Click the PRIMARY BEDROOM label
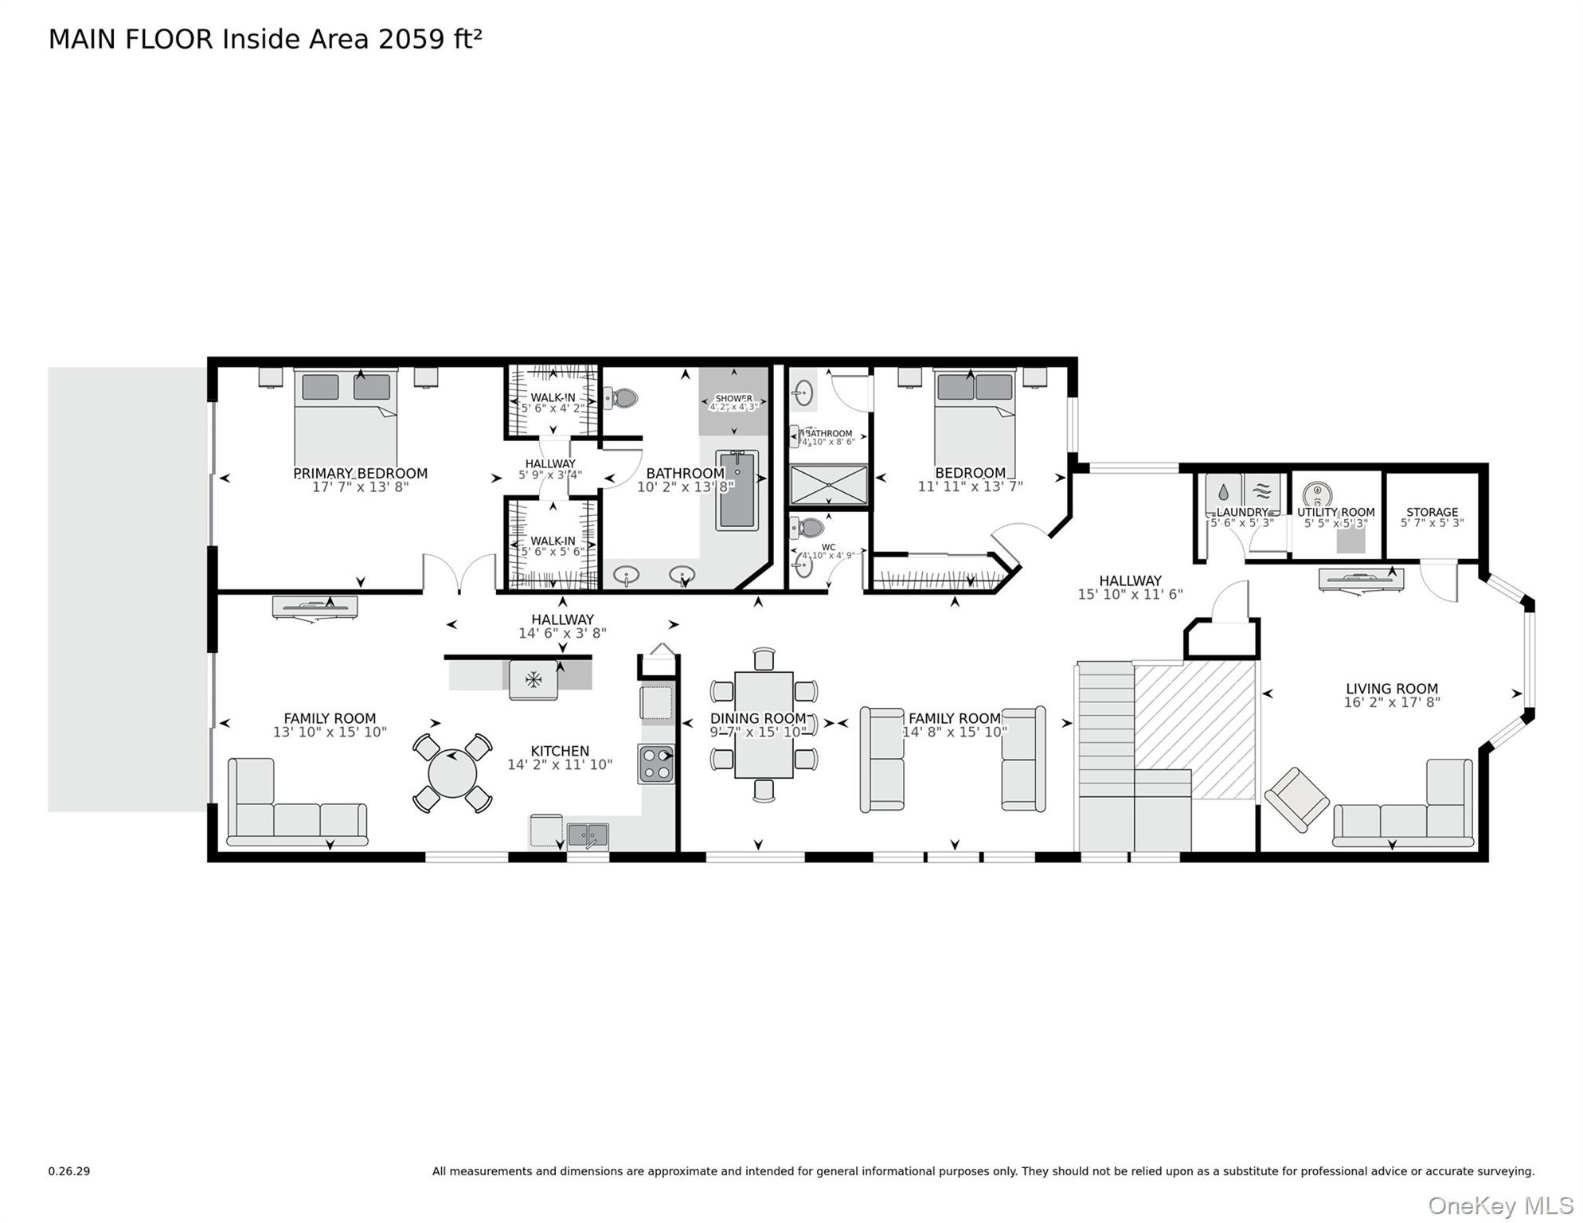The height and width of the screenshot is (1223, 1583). pyautogui.click(x=360, y=473)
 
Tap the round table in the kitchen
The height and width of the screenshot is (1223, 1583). pyautogui.click(x=451, y=773)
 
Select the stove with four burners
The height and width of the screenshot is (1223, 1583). pyautogui.click(x=656, y=764)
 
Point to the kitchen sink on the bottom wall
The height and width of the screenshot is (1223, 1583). pyautogui.click(x=588, y=835)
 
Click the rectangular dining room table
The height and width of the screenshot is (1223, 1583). pyautogui.click(x=763, y=725)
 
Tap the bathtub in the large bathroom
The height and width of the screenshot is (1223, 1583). pyautogui.click(x=737, y=490)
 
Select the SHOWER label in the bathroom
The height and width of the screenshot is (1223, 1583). pyautogui.click(x=733, y=398)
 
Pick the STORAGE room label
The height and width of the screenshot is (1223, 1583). pyautogui.click(x=1432, y=513)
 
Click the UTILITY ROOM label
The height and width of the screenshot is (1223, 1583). pyautogui.click(x=1335, y=513)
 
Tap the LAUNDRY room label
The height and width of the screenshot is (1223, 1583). pyautogui.click(x=1241, y=513)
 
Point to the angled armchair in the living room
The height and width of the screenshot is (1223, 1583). pyautogui.click(x=1296, y=799)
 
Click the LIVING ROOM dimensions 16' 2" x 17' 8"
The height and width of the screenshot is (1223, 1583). pyautogui.click(x=1391, y=702)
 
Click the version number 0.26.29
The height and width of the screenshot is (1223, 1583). pyautogui.click(x=69, y=1171)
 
